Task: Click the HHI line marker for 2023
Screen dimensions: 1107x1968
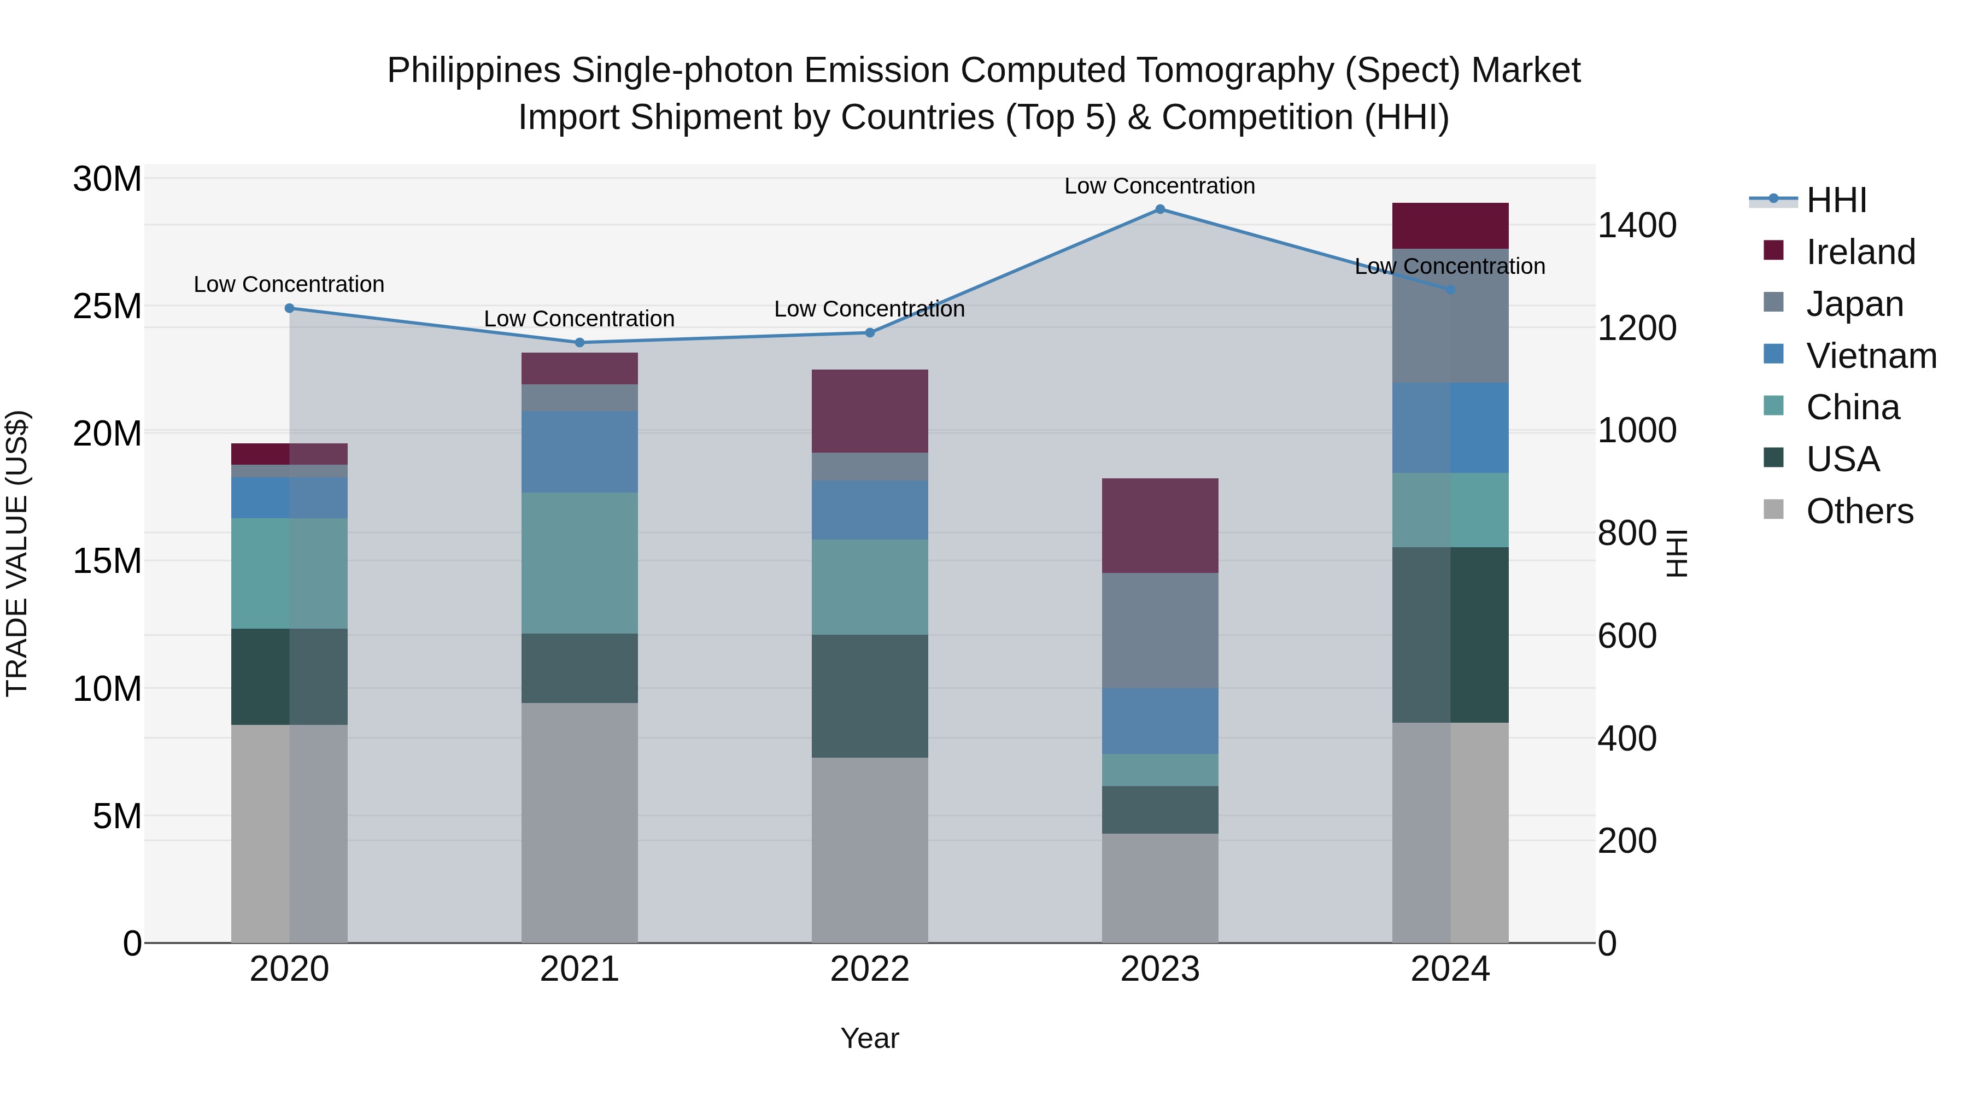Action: click(x=1159, y=209)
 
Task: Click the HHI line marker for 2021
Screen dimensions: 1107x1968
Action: click(x=579, y=342)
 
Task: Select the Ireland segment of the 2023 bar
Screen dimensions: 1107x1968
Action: click(x=1159, y=525)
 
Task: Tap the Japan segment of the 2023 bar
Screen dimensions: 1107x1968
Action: click(x=1159, y=630)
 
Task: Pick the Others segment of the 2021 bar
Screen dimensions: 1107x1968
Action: click(x=579, y=822)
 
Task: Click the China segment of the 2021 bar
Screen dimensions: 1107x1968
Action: click(x=579, y=563)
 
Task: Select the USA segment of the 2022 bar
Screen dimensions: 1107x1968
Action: click(x=869, y=696)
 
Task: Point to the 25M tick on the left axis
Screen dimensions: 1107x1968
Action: click(x=107, y=306)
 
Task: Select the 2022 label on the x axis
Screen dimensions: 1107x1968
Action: click(x=869, y=969)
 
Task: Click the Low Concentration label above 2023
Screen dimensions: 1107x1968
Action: click(x=1159, y=186)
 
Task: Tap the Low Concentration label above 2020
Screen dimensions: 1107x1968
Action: click(x=289, y=284)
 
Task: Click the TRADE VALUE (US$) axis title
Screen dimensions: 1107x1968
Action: click(x=17, y=553)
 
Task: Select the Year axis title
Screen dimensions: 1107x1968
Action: click(x=869, y=1038)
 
